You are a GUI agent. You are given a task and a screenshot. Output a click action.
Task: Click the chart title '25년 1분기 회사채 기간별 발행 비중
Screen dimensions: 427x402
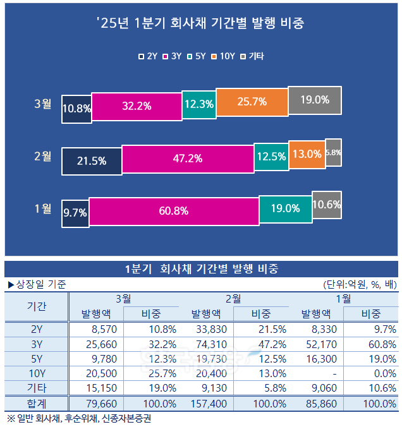tap(201, 25)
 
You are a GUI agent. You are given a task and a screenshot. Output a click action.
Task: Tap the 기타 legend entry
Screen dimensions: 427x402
tap(253, 56)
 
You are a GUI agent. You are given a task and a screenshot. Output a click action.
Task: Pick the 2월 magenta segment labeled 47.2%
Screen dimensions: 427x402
tap(187, 159)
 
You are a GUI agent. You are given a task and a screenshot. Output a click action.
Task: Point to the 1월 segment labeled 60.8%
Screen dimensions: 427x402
tap(173, 211)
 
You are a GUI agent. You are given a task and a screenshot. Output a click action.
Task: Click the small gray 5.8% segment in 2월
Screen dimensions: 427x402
tap(334, 153)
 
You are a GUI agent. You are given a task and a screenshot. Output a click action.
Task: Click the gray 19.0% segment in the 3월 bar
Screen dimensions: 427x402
tap(314, 100)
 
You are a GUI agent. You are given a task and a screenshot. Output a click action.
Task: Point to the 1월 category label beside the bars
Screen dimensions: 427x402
tap(43, 208)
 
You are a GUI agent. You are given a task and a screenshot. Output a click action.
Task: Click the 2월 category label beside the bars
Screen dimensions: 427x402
tap(43, 156)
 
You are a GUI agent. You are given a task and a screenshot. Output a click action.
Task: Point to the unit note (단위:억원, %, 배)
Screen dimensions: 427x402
tap(360, 284)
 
